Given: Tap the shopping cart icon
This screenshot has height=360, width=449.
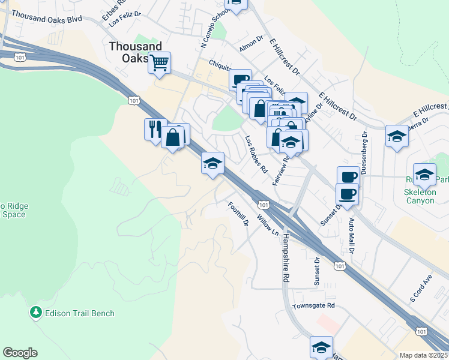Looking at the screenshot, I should [159, 62].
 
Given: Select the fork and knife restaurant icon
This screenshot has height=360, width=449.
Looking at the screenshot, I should [154, 128].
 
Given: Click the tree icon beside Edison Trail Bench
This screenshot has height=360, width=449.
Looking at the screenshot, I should [36, 313].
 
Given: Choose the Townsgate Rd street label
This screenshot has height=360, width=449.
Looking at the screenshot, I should [313, 306].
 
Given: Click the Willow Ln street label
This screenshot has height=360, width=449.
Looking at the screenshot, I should [268, 225].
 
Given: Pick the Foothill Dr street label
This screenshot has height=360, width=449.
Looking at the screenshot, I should [238, 214].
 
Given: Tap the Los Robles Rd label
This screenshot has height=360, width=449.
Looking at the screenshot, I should [256, 154].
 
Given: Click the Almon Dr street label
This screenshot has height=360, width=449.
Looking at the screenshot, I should [252, 44].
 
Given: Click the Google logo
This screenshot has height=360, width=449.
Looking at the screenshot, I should [20, 353].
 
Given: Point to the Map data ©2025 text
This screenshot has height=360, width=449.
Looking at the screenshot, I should [424, 355].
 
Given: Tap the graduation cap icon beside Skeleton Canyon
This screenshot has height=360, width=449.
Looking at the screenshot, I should [424, 174].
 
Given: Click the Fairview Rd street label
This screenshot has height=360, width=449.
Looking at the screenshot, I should [282, 167].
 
